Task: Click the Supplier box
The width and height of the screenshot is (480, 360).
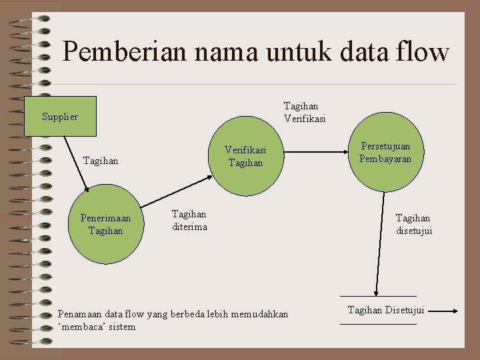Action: point(60,117)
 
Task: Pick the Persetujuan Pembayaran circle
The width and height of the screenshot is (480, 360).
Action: point(385,153)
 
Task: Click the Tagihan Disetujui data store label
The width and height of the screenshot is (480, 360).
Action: point(386,310)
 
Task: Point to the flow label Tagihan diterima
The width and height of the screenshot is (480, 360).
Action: point(189,221)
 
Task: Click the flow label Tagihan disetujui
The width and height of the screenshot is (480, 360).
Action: point(414,225)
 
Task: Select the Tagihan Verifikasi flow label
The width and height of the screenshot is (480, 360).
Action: point(304,113)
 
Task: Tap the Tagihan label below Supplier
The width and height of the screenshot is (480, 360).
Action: point(101,161)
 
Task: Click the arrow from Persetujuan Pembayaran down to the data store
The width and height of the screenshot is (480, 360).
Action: point(380,247)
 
